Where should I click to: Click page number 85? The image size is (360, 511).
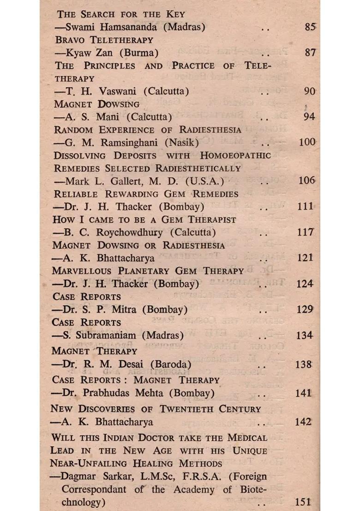(x=310, y=27)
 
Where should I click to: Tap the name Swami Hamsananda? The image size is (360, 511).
(x=114, y=27)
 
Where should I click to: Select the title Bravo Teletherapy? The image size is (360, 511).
(x=104, y=40)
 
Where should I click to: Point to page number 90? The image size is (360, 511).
(x=309, y=91)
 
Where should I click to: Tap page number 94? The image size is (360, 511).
(x=309, y=117)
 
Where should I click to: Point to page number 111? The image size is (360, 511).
(x=305, y=207)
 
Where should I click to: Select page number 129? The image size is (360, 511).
(x=304, y=309)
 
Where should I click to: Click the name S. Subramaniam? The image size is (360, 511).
(x=101, y=335)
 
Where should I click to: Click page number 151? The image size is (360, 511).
(x=303, y=502)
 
